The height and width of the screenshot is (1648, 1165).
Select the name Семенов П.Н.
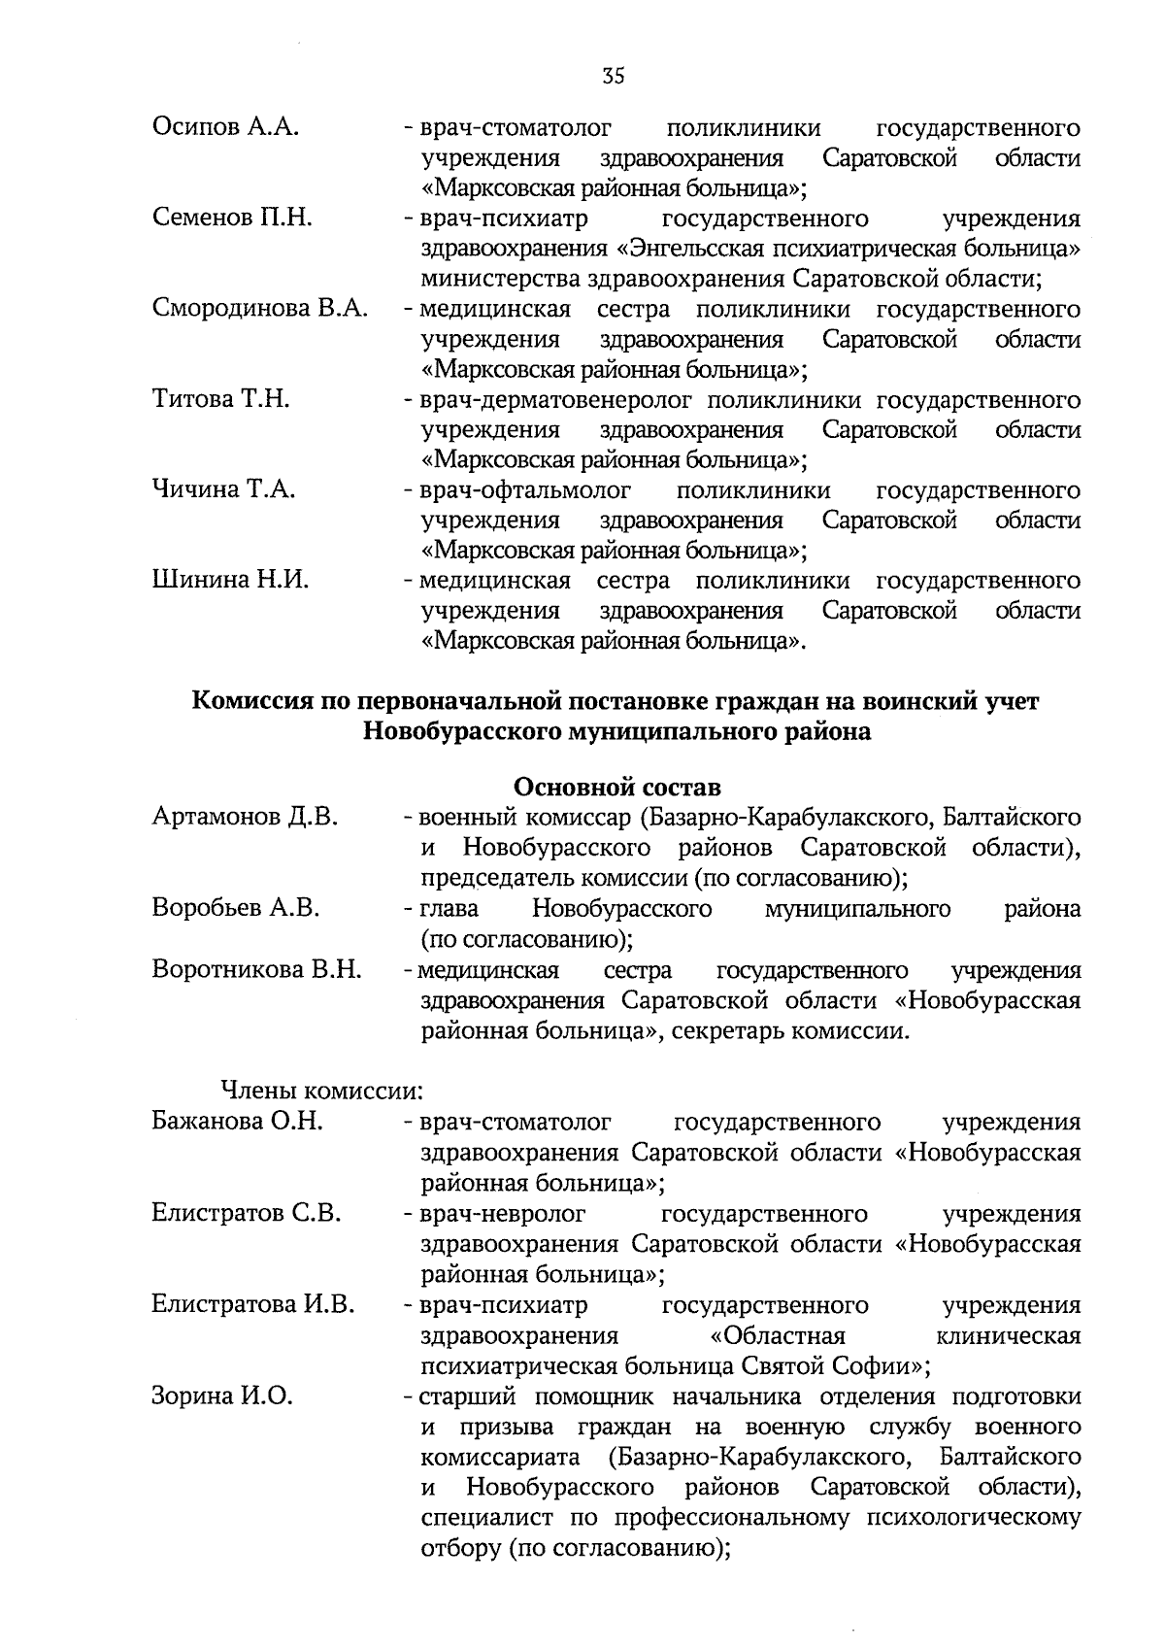[x=232, y=219]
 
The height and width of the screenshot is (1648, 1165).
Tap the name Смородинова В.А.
[x=260, y=309]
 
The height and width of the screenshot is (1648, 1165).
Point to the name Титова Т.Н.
[x=221, y=399]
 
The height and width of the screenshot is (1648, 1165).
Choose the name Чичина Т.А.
[x=224, y=489]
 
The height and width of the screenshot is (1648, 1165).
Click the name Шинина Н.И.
[x=231, y=581]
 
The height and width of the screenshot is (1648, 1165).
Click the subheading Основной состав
[x=616, y=786]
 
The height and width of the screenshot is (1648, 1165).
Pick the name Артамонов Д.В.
[x=245, y=817]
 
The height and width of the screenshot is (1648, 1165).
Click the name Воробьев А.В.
[x=236, y=908]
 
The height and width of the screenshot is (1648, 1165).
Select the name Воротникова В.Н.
[x=257, y=969]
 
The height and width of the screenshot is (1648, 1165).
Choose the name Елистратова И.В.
[x=253, y=1304]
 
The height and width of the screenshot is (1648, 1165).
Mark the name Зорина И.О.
[x=222, y=1396]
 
